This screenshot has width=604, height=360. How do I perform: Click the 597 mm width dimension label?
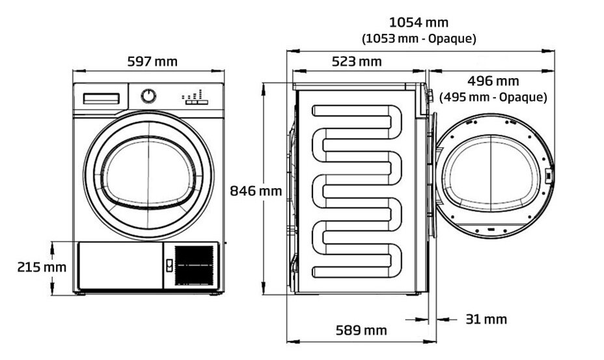[152, 62]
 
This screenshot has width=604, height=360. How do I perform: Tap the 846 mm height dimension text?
[256, 191]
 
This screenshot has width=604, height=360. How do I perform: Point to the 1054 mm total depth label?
[419, 23]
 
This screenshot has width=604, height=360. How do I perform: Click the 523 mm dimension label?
[357, 62]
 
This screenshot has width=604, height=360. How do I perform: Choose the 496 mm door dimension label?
[493, 81]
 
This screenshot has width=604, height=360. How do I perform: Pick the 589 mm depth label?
[361, 330]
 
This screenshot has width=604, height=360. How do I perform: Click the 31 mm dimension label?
[486, 319]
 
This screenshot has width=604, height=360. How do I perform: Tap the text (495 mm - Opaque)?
[493, 97]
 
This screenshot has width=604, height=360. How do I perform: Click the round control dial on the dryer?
[149, 96]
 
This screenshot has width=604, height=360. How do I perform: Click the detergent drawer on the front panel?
[100, 98]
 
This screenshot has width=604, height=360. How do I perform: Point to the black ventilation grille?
[195, 265]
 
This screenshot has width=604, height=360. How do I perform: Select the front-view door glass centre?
[149, 175]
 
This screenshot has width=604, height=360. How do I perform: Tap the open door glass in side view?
[493, 176]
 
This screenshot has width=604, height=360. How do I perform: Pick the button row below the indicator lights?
[196, 102]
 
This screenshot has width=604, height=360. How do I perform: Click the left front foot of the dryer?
[79, 294]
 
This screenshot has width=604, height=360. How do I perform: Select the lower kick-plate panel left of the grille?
[119, 266]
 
